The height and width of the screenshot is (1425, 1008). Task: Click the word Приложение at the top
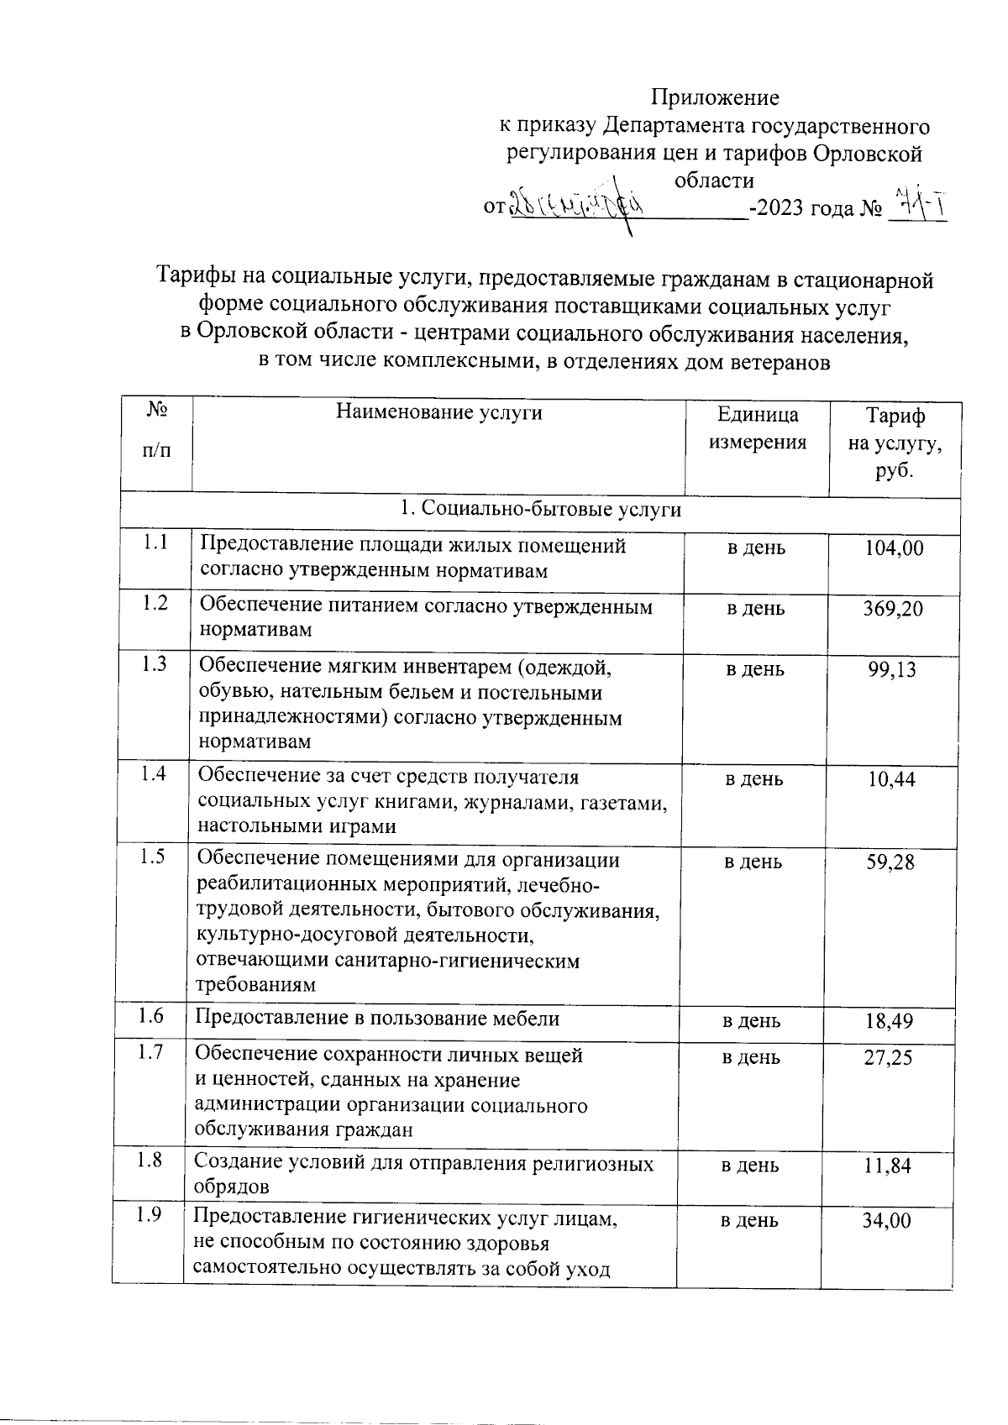point(716,98)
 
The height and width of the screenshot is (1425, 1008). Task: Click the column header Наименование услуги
point(438,412)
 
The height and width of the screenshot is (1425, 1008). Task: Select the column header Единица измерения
point(757,428)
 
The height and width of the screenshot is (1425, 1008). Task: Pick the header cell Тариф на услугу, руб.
point(895,443)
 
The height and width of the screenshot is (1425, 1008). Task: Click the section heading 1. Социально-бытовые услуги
point(540,509)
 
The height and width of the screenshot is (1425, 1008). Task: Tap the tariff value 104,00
point(894,548)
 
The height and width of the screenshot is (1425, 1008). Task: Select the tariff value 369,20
point(893,609)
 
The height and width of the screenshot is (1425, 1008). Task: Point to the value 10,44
point(891,780)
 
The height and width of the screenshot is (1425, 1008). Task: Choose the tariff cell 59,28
point(890,862)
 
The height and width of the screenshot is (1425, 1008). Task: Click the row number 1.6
point(151,1016)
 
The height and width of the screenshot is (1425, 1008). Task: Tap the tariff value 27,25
point(888,1057)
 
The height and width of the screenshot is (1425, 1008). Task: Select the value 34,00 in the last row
point(886,1221)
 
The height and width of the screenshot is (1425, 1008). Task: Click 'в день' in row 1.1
point(756,548)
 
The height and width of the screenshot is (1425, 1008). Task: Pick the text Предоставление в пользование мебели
point(377,1019)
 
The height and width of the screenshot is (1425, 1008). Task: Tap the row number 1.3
point(155,664)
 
